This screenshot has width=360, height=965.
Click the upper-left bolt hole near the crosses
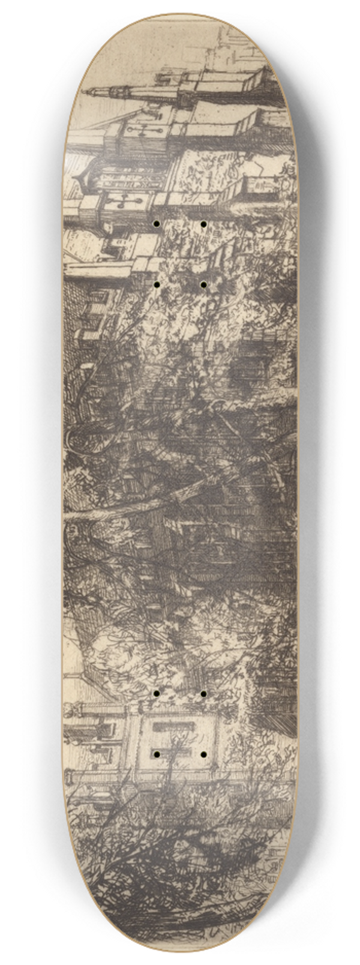156,224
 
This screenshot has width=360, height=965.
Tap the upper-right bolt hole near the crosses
203,224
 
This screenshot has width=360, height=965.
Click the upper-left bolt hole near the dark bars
156,694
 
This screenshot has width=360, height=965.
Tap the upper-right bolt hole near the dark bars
203,694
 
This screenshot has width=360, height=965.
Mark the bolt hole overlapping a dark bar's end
156,753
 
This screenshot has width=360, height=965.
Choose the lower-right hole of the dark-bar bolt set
203,753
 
